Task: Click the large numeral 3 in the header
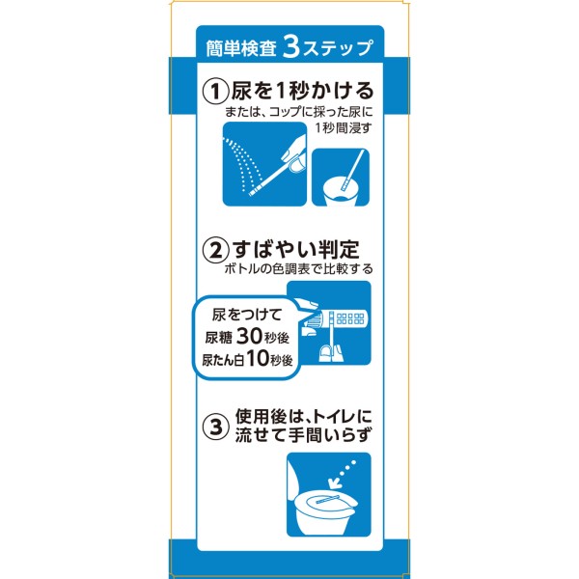click(291, 47)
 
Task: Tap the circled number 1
click(215, 92)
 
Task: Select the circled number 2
click(215, 250)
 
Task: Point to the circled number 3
click(215, 427)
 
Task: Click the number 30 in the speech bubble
click(249, 336)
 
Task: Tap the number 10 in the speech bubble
click(258, 358)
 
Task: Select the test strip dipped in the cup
click(352, 170)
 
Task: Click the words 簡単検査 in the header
click(240, 48)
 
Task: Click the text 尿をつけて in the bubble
click(247, 315)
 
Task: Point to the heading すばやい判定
click(296, 249)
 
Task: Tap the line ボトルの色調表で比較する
click(298, 268)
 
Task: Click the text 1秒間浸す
click(343, 127)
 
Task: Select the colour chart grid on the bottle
click(350, 318)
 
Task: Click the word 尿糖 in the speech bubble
click(218, 338)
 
